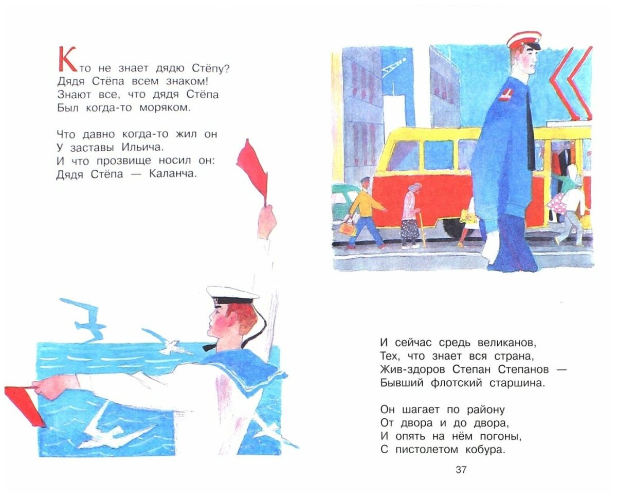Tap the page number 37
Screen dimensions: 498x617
click(461, 469)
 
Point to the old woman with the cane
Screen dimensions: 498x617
click(411, 214)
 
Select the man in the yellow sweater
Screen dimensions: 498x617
click(367, 211)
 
